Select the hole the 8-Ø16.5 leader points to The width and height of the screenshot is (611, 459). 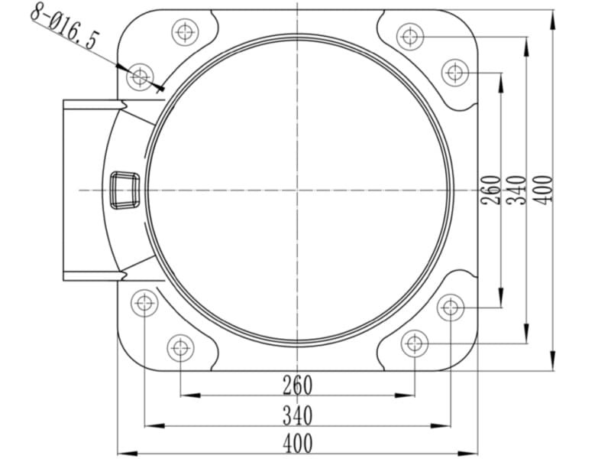point(140,77)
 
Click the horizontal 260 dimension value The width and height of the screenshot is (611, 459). point(297,386)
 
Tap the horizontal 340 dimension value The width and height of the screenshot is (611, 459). point(297,415)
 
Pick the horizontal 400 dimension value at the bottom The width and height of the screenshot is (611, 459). point(297,444)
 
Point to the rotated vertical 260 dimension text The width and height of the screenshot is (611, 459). point(490,190)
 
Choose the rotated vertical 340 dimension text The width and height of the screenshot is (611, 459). point(517,190)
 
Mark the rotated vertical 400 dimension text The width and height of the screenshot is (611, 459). point(543,190)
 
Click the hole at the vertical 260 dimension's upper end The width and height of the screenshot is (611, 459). point(454,73)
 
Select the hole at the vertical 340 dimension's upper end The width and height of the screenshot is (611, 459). point(410,37)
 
